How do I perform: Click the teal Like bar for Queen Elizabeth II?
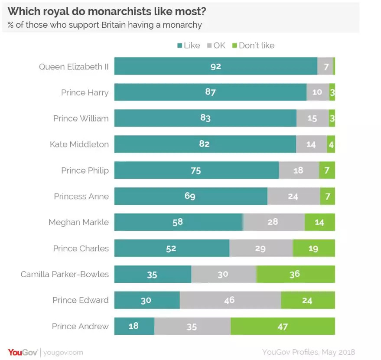[x=215, y=66]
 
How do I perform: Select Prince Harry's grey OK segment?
[x=317, y=92]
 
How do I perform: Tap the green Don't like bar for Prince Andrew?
[x=283, y=326]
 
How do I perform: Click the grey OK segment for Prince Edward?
[x=230, y=300]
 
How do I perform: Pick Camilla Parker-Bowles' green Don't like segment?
[x=295, y=274]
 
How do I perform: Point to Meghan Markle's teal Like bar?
[x=178, y=222]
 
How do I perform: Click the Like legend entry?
[x=189, y=46]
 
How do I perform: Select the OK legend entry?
[x=217, y=46]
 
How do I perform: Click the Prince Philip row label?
[x=85, y=170]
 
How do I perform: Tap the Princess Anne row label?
[x=81, y=196]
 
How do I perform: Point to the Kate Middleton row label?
[x=79, y=144]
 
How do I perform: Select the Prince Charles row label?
[x=81, y=249]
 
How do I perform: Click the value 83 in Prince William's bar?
[x=205, y=118]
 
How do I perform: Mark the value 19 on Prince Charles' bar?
[x=313, y=248]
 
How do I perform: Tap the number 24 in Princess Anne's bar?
[x=293, y=196]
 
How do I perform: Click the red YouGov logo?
[x=23, y=352]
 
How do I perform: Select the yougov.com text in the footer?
[x=64, y=353]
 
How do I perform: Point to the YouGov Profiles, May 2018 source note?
[x=308, y=352]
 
